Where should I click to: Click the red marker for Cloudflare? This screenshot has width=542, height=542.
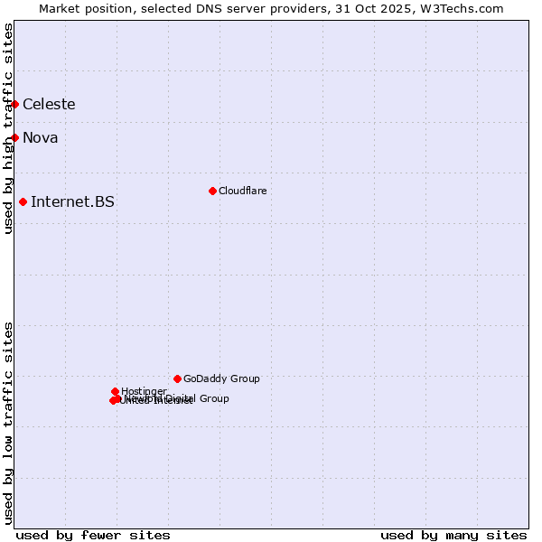(x=212, y=191)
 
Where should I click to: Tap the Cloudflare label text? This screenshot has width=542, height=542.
(x=242, y=191)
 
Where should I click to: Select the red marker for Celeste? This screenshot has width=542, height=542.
(x=15, y=105)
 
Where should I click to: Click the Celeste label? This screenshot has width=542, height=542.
(x=49, y=105)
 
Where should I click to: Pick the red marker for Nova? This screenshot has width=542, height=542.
(x=15, y=137)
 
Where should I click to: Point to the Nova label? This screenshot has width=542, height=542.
(x=41, y=138)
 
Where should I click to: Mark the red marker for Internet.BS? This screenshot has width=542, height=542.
(x=23, y=201)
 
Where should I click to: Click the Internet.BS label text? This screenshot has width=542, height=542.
(x=72, y=201)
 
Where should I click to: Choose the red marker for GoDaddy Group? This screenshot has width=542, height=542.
(x=177, y=378)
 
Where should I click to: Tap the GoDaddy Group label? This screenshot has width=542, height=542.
(x=221, y=378)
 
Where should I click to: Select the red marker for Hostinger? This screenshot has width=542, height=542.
(x=115, y=391)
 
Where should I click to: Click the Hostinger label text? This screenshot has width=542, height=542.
(x=144, y=391)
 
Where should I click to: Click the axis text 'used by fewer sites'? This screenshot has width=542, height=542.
(x=93, y=535)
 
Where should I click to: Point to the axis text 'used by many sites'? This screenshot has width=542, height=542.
(x=453, y=535)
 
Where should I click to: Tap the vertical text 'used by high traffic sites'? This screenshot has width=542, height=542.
(x=8, y=128)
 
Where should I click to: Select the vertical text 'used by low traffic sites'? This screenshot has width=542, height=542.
(x=8, y=423)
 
